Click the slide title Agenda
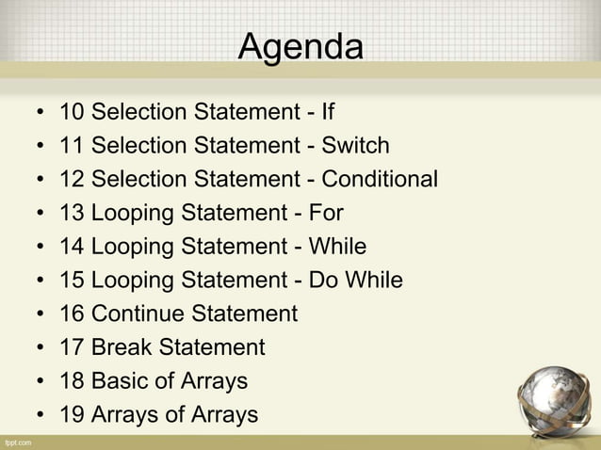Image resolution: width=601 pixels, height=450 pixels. [300, 46]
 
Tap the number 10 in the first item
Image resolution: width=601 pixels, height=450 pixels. [72, 114]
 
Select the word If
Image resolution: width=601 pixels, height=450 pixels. [328, 114]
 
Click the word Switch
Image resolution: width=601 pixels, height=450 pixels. [355, 147]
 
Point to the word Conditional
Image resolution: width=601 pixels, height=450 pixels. [380, 180]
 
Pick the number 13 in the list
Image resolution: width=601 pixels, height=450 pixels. [72, 214]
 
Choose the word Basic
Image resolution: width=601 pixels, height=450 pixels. [122, 381]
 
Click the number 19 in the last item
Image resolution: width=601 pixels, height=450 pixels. [72, 415]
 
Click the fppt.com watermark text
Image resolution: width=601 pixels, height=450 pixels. [18, 442]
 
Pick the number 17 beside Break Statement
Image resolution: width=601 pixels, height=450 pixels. [72, 348]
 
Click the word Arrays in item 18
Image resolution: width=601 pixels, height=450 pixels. [216, 381]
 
